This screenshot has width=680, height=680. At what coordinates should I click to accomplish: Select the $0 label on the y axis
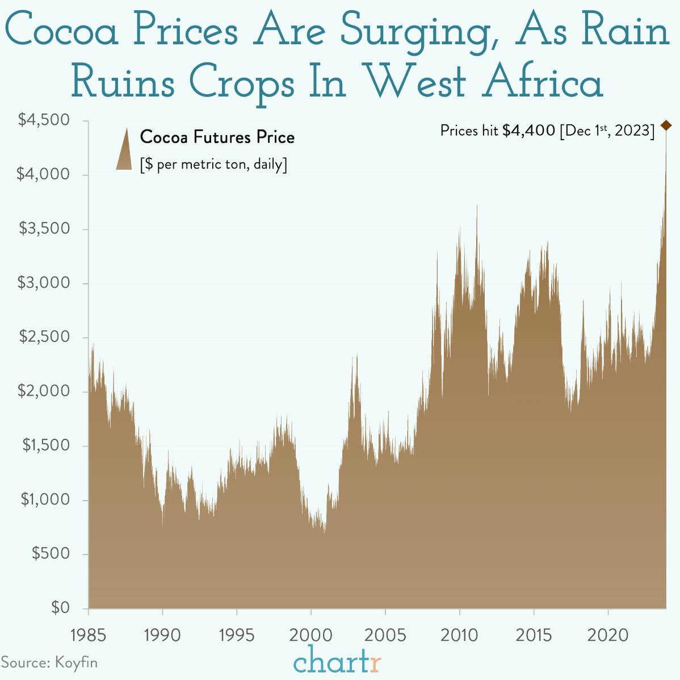click(60, 608)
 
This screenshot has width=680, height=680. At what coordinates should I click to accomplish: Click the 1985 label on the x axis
click(88, 635)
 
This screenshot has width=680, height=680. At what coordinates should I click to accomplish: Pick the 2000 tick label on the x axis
click(311, 635)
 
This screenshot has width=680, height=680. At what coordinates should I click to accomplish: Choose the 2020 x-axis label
click(608, 635)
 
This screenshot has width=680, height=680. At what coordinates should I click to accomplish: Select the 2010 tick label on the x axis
click(459, 635)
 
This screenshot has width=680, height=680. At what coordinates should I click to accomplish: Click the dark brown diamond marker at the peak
click(666, 125)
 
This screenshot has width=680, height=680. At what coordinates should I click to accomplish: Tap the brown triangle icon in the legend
click(124, 149)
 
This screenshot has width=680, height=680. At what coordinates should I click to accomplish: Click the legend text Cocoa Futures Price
click(217, 137)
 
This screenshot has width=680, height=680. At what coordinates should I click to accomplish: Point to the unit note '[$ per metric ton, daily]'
click(213, 165)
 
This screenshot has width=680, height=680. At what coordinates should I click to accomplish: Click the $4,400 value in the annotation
click(528, 131)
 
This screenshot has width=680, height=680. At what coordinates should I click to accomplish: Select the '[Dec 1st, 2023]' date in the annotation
click(607, 131)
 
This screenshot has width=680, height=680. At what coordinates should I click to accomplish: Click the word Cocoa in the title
click(61, 31)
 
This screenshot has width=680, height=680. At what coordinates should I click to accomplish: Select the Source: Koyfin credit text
click(49, 662)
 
